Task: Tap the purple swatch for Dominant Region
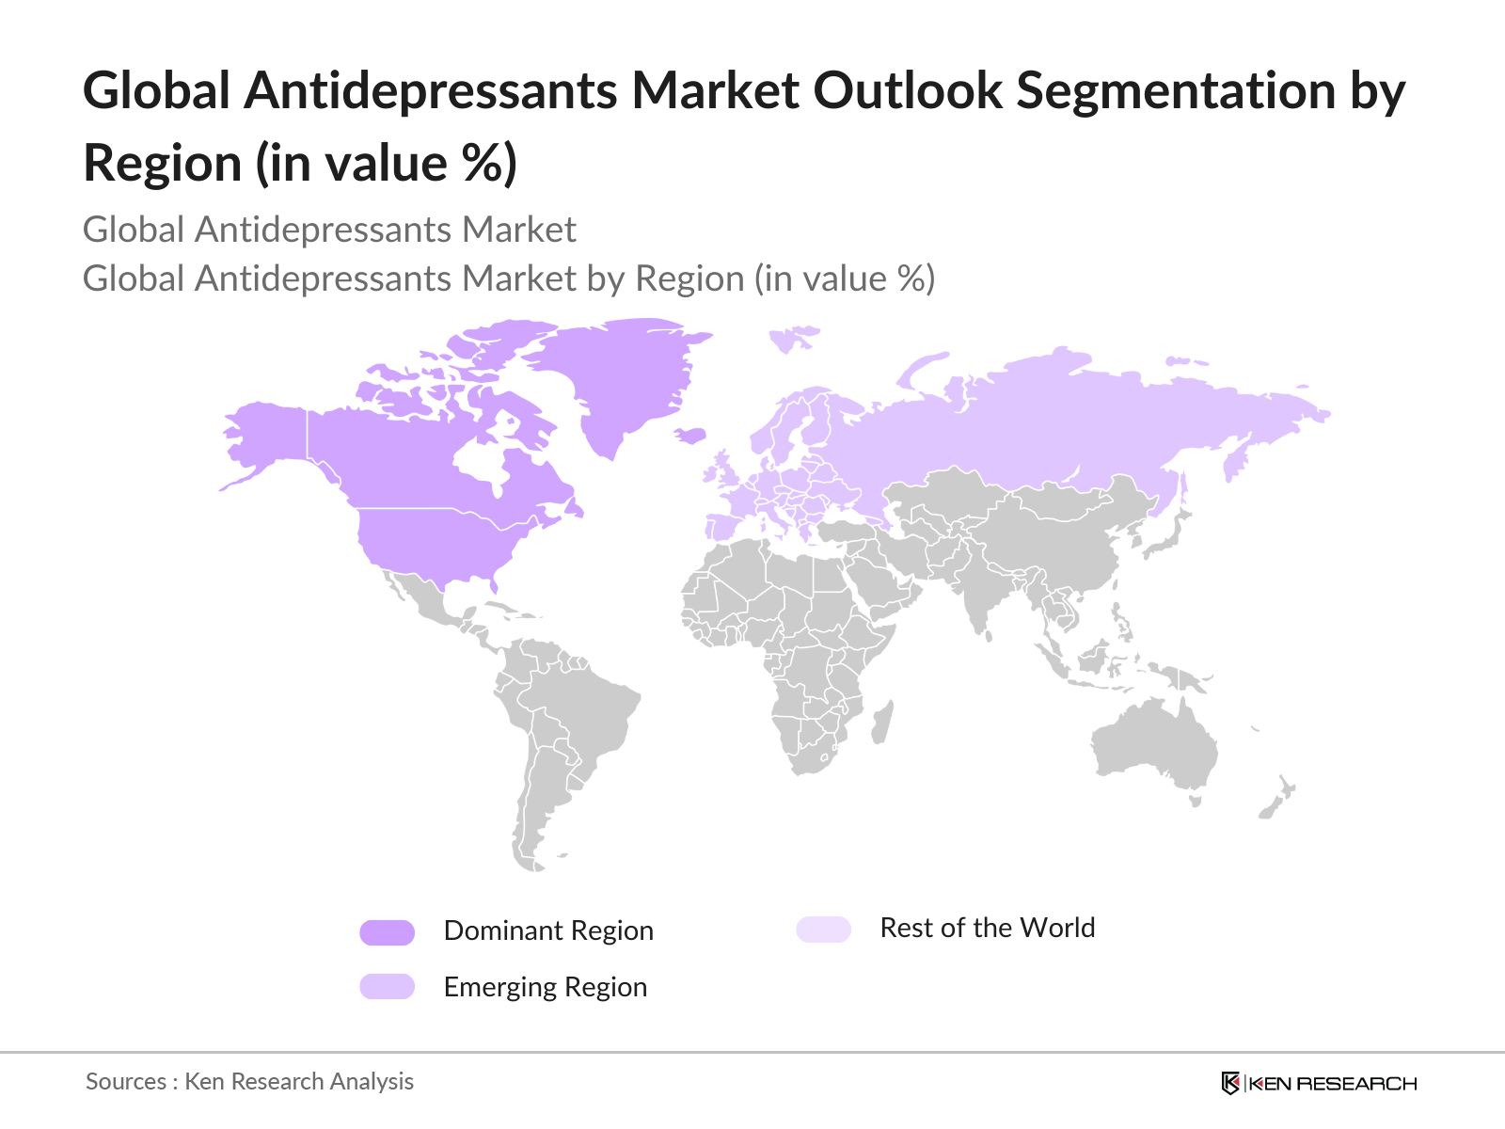[387, 932]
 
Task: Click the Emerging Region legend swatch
[387, 986]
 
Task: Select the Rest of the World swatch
[823, 930]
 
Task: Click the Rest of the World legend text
[987, 928]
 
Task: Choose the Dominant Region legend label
[548, 930]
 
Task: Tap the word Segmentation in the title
[1176, 91]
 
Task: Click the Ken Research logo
[1319, 1083]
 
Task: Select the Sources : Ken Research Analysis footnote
[249, 1081]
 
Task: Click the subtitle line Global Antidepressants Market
[329, 230]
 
